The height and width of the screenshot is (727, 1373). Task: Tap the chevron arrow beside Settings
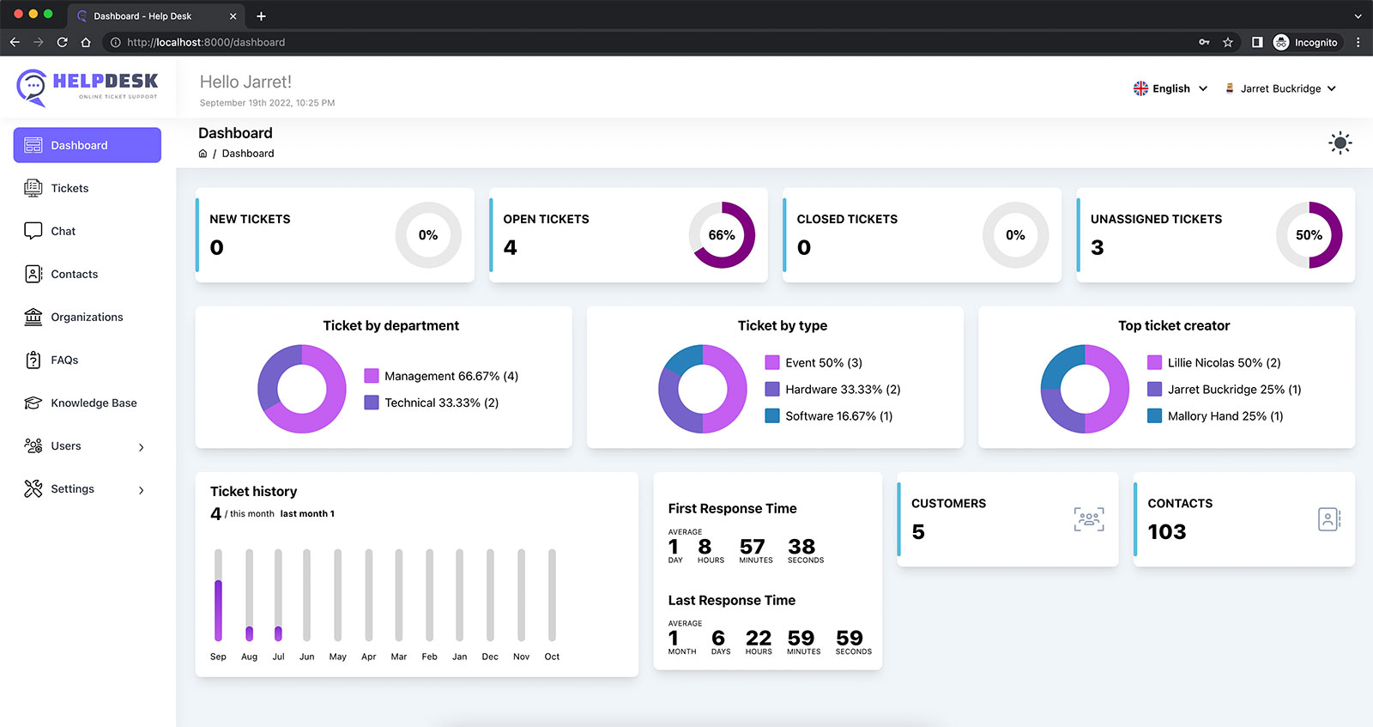[142, 490]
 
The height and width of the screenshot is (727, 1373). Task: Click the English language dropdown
[1170, 88]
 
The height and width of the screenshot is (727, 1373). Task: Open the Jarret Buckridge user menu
[1279, 88]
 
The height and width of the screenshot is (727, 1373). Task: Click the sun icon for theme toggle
[1340, 142]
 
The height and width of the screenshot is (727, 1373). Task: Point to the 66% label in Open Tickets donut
[722, 235]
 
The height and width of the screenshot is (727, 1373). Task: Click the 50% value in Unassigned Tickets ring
[1309, 235]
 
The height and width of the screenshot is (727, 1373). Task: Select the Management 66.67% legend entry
[441, 376]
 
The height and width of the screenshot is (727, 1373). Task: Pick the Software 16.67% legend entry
[829, 416]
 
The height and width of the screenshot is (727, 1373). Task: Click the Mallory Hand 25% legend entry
[1215, 416]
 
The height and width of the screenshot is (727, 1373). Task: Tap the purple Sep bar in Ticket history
[218, 610]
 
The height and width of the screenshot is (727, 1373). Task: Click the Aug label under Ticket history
[249, 657]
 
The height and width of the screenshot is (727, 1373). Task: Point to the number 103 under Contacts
[1166, 531]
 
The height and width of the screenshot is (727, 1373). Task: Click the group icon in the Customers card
[1089, 519]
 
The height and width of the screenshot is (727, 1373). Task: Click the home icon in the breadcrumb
[203, 154]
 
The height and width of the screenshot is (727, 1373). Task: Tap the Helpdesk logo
[87, 88]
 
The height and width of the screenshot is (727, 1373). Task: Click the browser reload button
[62, 42]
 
